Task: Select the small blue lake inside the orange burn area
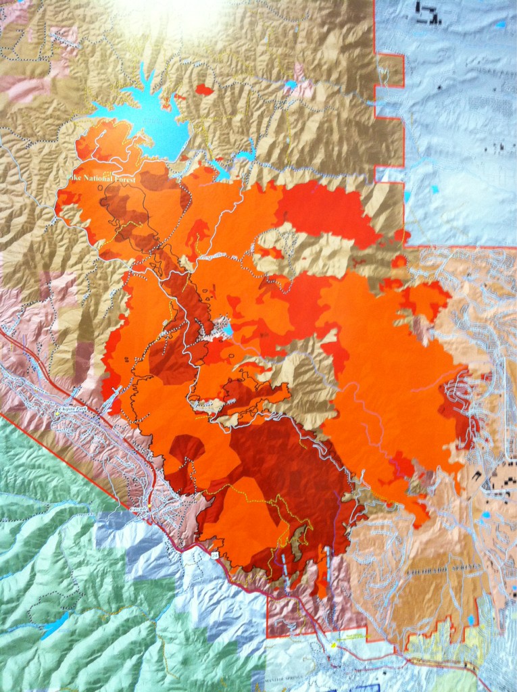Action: [228, 330]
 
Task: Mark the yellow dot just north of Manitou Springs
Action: [333, 645]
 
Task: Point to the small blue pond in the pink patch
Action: [291, 84]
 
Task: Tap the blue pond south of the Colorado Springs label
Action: [470, 619]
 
